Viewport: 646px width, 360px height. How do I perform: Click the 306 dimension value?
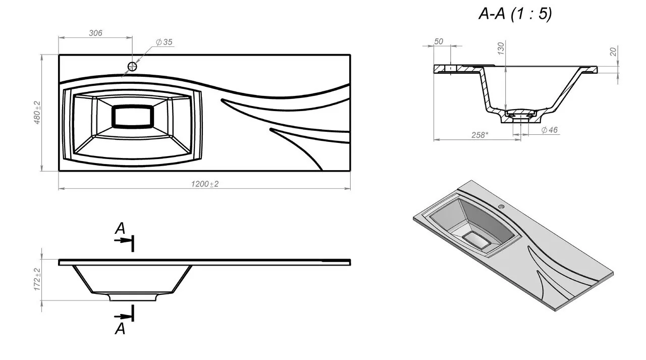point(95,33)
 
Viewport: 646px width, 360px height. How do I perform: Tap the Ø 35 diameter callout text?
point(164,42)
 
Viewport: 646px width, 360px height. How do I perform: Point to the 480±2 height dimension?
point(37,113)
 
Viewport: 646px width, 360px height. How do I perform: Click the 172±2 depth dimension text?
point(37,279)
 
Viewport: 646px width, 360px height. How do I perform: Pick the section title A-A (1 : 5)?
point(515,14)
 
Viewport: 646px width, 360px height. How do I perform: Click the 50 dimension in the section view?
point(439,42)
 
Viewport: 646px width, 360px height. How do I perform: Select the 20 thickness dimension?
point(613,52)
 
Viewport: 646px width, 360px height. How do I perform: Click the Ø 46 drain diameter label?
point(549,130)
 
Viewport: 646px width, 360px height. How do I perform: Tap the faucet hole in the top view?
point(132,66)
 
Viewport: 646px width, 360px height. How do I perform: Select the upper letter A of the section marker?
point(120,229)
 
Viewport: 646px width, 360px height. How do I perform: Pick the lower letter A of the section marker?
point(120,329)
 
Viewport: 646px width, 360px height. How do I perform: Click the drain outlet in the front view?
point(132,297)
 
